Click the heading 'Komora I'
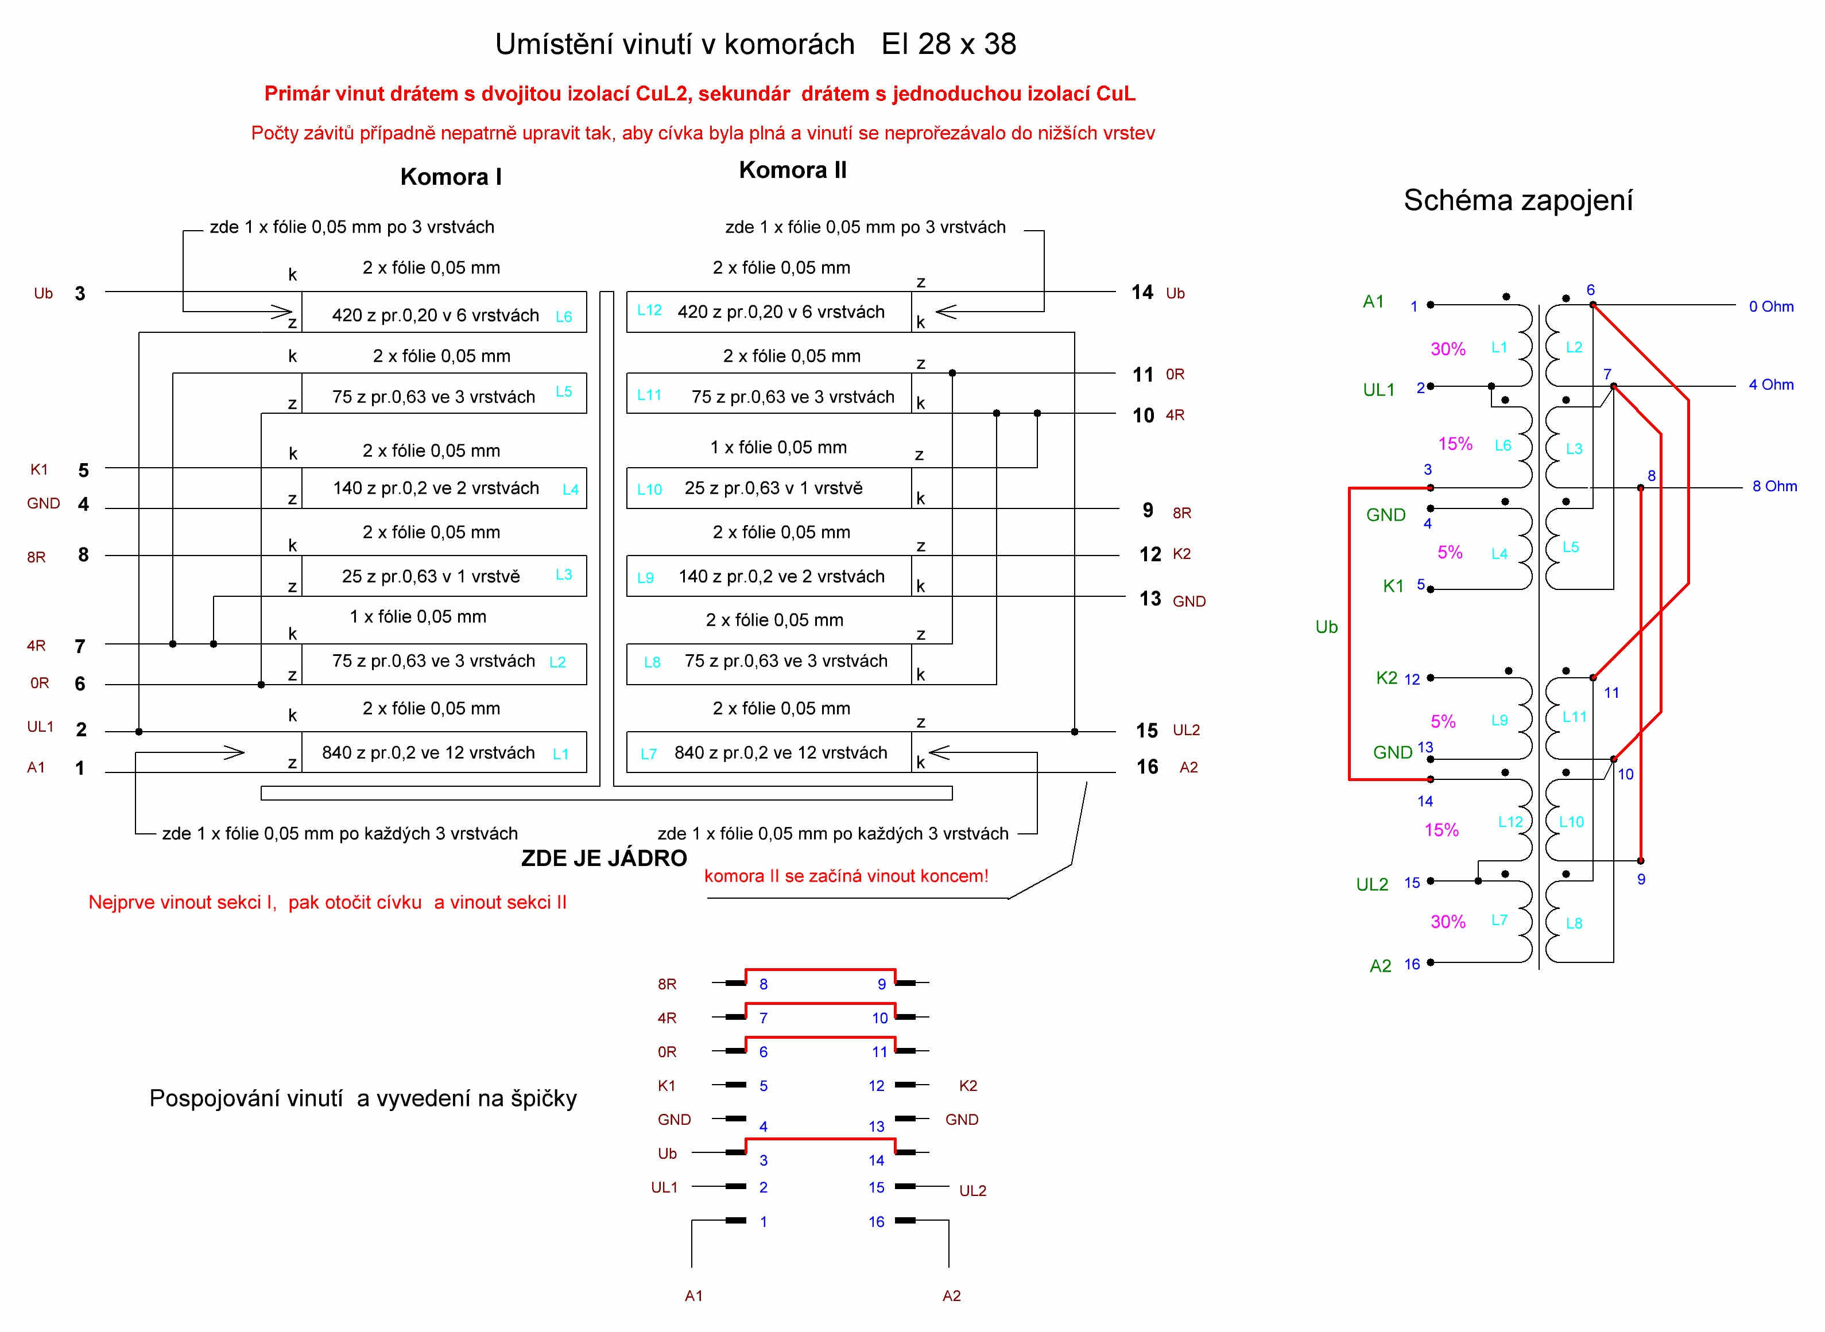pos(451,177)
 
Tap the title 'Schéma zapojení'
pos(1518,200)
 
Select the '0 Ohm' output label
pos(1771,306)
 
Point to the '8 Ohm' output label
pos(1774,486)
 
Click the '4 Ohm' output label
pos(1771,385)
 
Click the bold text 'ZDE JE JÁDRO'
pos(604,858)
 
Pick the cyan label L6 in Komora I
pos(564,317)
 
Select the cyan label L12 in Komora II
pos(649,310)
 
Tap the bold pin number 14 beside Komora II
pos(1142,293)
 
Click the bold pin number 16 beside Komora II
pos(1148,767)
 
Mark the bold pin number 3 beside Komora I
pos(80,293)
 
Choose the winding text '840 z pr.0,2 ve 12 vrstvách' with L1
pos(428,752)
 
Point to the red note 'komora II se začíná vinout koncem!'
pos(846,876)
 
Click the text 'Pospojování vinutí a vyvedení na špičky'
pos(363,1098)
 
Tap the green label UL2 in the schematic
pos(1372,884)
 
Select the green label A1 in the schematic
pos(1373,301)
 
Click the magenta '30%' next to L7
pos(1448,922)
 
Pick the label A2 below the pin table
pos(952,1296)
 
